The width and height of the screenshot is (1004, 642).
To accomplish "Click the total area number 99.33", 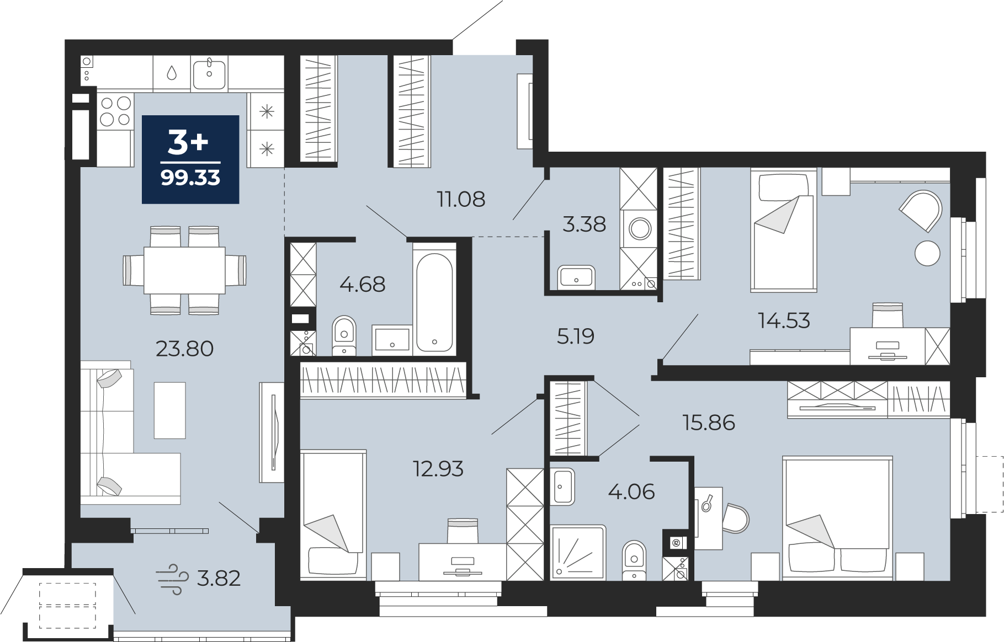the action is [x=190, y=178].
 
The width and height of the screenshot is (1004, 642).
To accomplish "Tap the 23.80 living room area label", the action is [x=184, y=349].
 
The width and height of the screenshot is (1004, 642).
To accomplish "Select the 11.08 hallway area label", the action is [x=461, y=199].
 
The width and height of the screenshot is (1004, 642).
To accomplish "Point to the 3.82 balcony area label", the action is [x=219, y=578].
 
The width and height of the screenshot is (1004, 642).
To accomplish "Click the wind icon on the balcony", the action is [x=169, y=579].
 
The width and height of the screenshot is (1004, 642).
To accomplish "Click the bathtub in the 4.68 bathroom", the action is [x=434, y=302].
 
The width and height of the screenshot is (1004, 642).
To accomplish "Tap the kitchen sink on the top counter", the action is [x=209, y=74].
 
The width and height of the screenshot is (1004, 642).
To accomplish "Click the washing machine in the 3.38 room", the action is [x=640, y=228].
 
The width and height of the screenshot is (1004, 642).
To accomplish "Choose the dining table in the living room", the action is [x=184, y=270].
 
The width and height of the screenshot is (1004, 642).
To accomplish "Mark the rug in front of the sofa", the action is [x=169, y=410].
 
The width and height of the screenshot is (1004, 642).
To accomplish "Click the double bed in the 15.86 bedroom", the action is [x=837, y=517].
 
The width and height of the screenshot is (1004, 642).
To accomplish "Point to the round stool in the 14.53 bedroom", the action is [x=927, y=254].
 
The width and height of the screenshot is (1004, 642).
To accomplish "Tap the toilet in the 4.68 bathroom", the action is [x=344, y=335].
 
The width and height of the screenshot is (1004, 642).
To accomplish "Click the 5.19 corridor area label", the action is [x=575, y=336].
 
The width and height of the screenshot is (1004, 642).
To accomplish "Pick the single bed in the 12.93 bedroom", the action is [x=333, y=515].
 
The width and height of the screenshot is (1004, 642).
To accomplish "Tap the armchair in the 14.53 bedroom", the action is [x=921, y=211].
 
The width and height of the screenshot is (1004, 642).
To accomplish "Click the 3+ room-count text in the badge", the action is [x=188, y=141].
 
